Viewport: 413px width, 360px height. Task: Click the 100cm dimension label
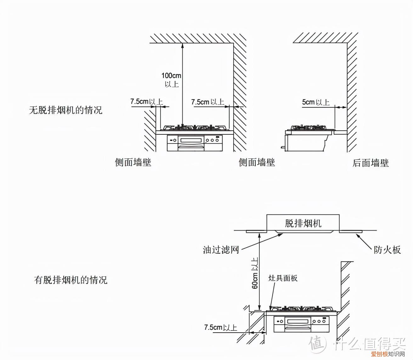pos(171,76)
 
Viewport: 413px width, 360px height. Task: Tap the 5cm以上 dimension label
pos(315,102)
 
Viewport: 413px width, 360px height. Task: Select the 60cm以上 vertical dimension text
pos(255,273)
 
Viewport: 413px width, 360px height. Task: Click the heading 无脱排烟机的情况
pos(65,110)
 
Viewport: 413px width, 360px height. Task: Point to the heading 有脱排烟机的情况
pos(71,280)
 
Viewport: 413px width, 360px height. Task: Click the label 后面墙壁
pos(371,163)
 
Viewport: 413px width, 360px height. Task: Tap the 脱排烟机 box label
pos(303,223)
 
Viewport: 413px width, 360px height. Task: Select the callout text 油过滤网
pos(221,250)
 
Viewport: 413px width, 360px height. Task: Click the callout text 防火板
pos(387,250)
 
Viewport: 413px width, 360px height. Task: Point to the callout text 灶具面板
pos(283,278)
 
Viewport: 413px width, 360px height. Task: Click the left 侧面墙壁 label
pos(133,162)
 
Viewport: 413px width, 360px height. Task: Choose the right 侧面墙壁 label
pos(257,162)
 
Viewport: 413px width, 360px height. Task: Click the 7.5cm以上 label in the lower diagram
pos(220,328)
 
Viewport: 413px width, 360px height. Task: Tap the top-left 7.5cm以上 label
pos(146,102)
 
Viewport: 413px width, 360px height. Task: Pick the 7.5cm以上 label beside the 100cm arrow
pos(207,102)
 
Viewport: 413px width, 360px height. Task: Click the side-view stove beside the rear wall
pos(308,138)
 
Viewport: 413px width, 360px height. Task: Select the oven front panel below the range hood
pos(301,324)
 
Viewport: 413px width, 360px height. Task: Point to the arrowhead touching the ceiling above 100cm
pos(182,45)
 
